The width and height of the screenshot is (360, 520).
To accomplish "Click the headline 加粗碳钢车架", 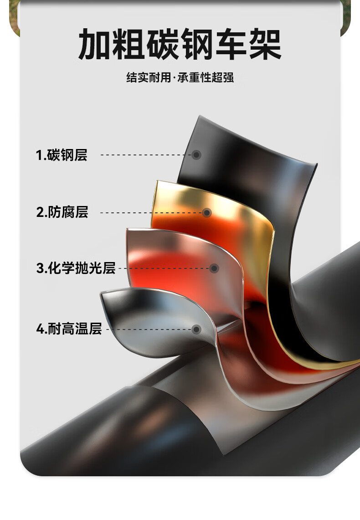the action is (x=180, y=45).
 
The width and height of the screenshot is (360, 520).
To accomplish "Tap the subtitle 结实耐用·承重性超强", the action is (x=180, y=77).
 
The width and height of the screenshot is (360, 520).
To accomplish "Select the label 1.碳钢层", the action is (x=62, y=155).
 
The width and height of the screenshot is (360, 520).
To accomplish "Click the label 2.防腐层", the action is (x=62, y=212).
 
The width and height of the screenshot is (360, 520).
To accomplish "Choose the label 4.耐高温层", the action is (x=69, y=329).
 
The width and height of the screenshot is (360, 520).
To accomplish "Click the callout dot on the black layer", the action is (x=196, y=155).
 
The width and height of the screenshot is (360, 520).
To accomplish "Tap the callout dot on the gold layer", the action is (x=207, y=212).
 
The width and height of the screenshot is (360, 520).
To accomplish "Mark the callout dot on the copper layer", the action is (x=214, y=268).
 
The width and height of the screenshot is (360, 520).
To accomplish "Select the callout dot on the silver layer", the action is (x=196, y=329).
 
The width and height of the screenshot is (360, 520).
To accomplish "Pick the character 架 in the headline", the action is (x=264, y=45).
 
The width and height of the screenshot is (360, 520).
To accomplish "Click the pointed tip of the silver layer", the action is (x=103, y=295).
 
